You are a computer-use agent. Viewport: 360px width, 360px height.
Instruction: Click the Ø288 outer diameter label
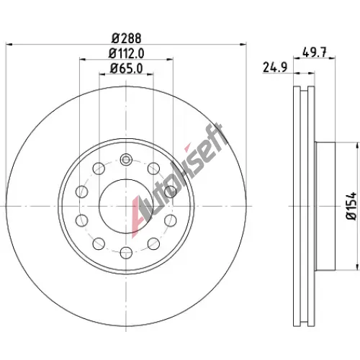[x=126, y=38]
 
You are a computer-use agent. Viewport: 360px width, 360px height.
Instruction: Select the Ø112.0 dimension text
[x=126, y=53]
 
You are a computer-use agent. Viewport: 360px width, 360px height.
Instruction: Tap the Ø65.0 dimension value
[x=126, y=68]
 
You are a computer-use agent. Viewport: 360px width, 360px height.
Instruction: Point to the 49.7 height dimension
[x=314, y=53]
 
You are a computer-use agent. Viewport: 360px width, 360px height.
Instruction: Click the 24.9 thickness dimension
[x=275, y=67]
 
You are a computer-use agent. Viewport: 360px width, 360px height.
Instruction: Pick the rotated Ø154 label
[x=351, y=205]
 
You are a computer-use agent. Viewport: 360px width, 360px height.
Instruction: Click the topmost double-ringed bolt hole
[x=126, y=159]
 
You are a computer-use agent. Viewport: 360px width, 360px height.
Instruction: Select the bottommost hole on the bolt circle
[x=126, y=253]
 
